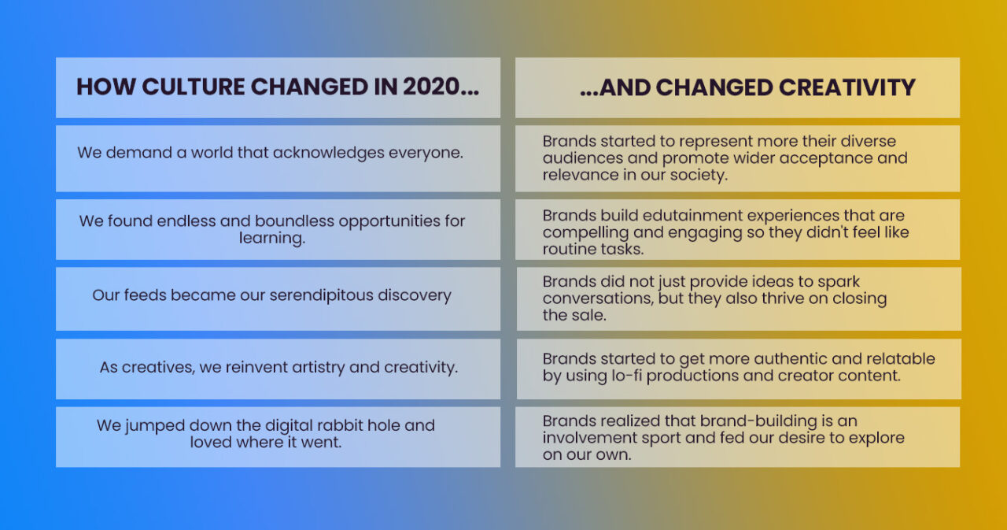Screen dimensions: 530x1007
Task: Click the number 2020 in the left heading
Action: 430,87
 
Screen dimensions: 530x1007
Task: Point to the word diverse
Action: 865,141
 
